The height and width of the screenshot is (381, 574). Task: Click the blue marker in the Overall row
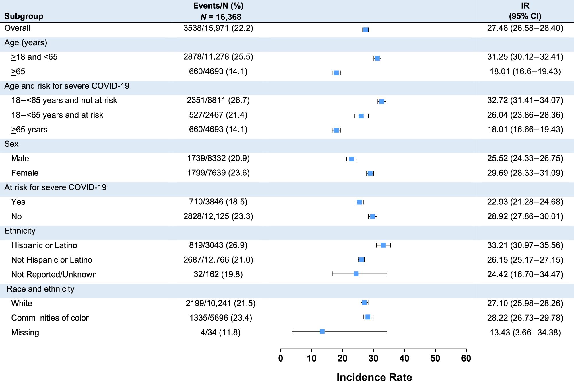pos(365,30)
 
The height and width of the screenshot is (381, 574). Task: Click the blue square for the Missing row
pos(322,332)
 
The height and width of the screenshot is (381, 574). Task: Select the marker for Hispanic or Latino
pos(383,245)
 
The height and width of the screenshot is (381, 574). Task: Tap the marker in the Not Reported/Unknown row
pos(356,274)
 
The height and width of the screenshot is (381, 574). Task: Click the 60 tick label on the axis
pos(466,358)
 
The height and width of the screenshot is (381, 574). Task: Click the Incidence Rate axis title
pos(374,377)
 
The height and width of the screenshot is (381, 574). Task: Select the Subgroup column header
pos(24,16)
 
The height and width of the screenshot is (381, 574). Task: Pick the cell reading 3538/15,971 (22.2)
pos(218,28)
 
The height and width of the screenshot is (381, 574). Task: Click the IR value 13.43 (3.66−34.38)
pos(525,333)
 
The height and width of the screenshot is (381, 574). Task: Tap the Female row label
pos(25,173)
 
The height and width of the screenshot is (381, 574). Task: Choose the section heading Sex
pos(11,144)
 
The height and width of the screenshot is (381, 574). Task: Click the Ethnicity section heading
pos(20,231)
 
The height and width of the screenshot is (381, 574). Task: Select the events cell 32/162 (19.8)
pos(218,274)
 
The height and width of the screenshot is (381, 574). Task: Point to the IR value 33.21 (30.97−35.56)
pos(525,245)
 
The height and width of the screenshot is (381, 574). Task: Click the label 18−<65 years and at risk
pos(57,115)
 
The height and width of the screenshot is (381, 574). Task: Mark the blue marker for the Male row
pos(351,159)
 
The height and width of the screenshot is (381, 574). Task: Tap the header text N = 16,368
pos(221,17)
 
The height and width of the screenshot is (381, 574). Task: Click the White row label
pos(22,303)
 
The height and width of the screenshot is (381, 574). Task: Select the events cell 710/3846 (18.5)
pos(218,202)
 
